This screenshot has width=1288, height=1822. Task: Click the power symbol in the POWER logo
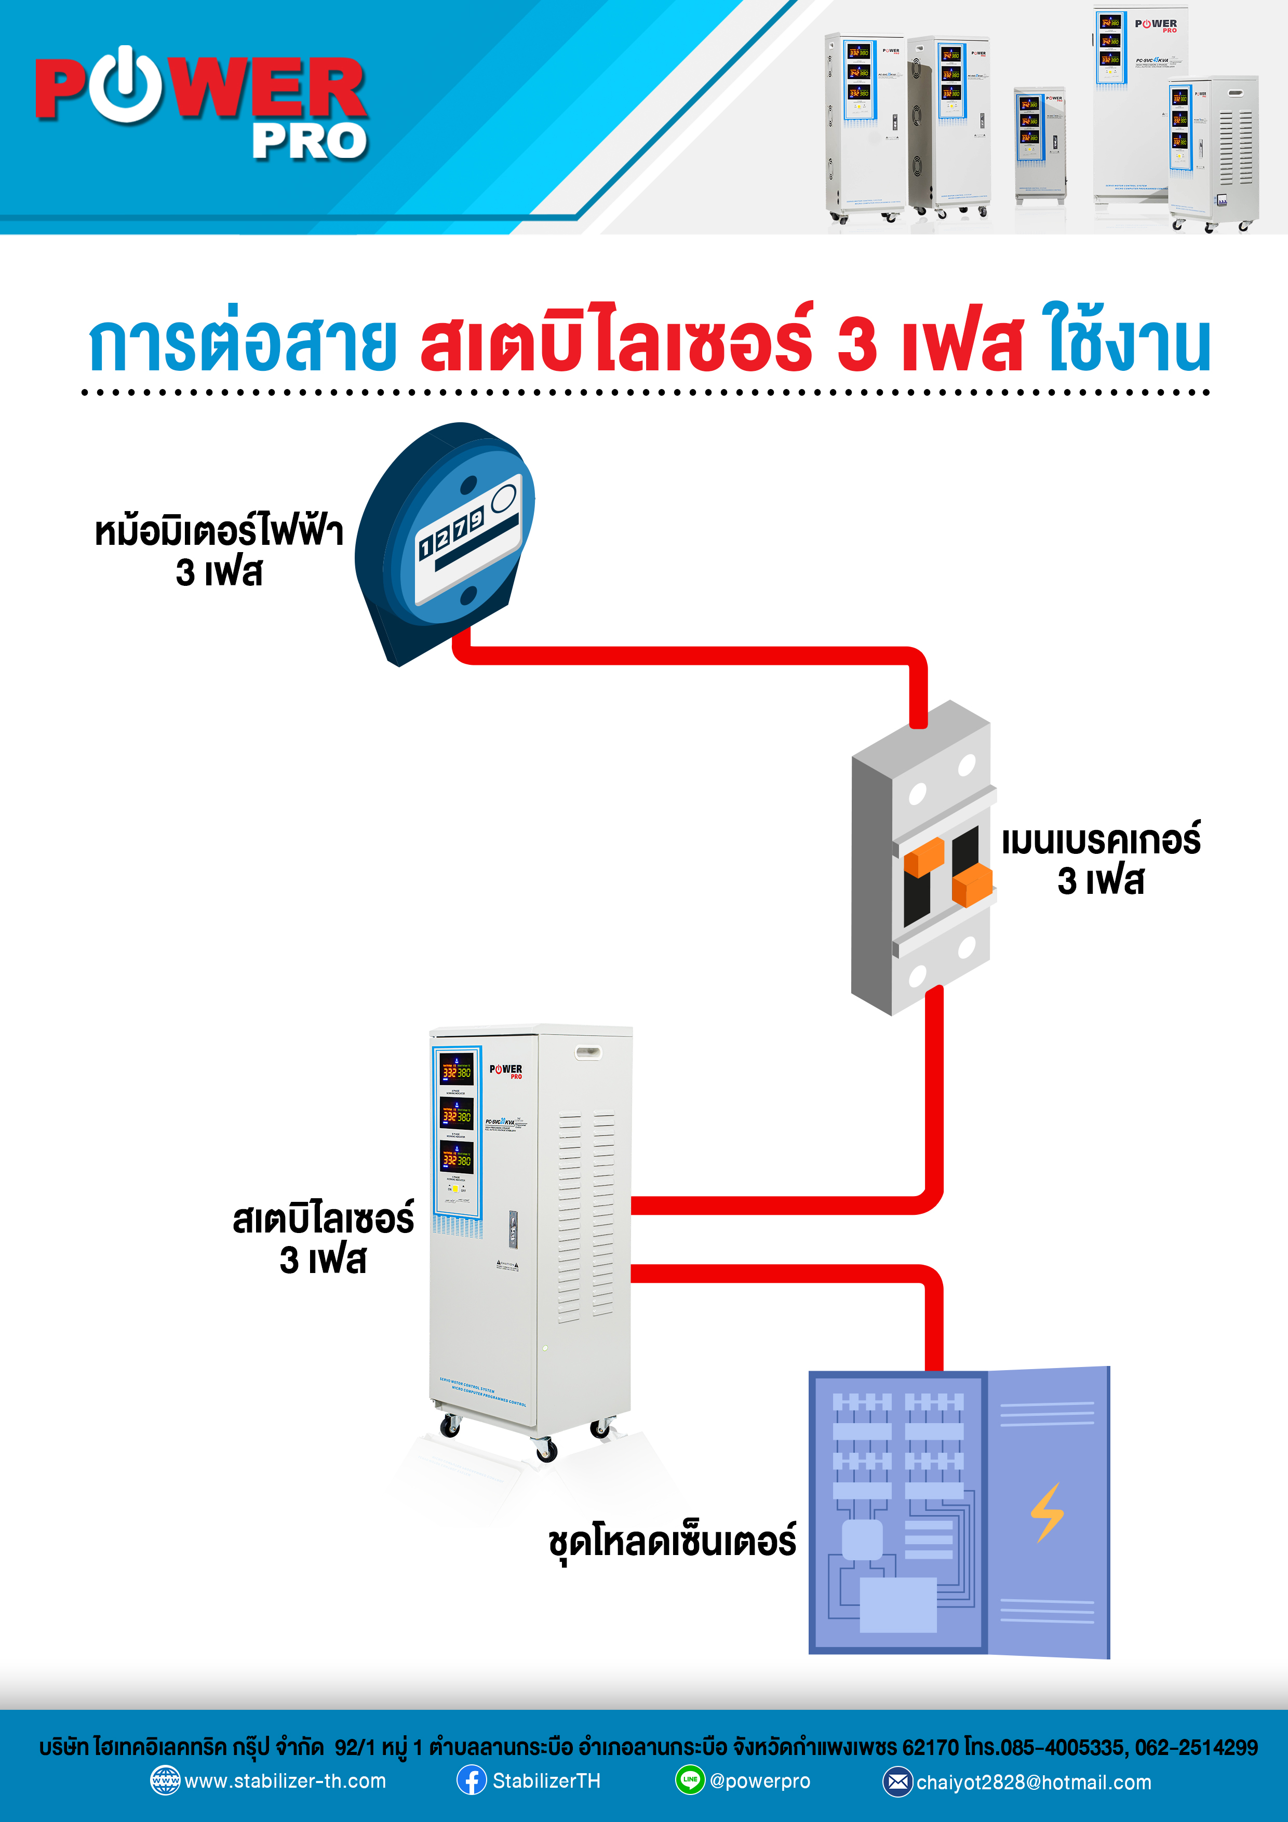[x=125, y=85]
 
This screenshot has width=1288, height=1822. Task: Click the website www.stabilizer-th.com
[x=285, y=1781]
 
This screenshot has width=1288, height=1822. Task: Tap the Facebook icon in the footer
[x=472, y=1780]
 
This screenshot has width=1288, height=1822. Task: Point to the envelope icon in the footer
[x=897, y=1781]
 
